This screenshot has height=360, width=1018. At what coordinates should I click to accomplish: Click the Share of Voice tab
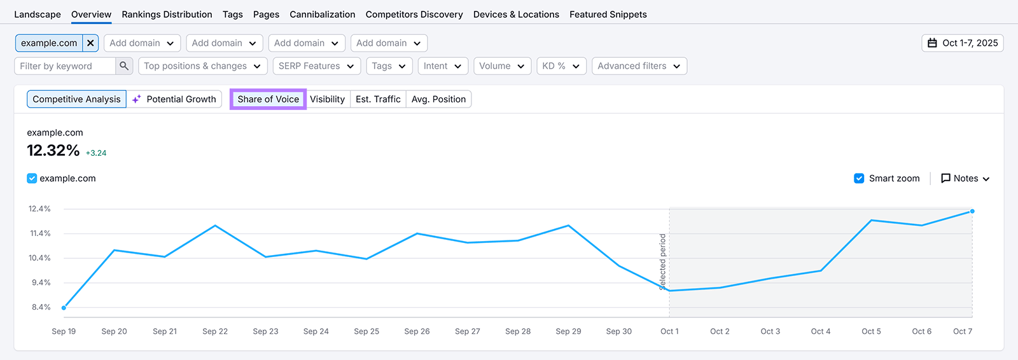point(268,99)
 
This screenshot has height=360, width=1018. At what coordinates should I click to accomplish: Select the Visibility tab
point(327,99)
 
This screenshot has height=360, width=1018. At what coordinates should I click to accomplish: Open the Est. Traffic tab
point(378,99)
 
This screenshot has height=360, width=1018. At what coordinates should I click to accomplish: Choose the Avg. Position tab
point(438,99)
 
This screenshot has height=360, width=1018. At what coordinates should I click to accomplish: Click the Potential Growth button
point(174,99)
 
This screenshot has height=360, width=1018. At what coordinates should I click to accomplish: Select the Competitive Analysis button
point(76,99)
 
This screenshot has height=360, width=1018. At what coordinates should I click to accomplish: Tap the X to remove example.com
point(90,43)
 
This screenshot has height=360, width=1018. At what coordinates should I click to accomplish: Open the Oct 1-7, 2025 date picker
point(962,43)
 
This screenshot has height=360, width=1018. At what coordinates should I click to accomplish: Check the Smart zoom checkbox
point(859,179)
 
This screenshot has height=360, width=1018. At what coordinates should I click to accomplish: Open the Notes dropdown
point(965,179)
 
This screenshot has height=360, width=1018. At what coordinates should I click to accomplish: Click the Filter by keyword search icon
point(124,66)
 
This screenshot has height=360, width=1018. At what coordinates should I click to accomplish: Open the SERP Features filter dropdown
point(316,66)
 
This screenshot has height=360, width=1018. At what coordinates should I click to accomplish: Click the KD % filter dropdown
point(561,66)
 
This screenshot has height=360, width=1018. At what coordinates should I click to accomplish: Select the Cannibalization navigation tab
point(322,15)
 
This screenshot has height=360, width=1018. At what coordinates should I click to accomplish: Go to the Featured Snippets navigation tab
point(608,15)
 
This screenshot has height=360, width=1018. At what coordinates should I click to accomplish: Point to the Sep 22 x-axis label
point(215,331)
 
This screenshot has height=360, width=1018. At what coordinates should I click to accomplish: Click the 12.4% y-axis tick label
point(39,209)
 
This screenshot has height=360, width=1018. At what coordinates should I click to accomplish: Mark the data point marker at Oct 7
point(972,211)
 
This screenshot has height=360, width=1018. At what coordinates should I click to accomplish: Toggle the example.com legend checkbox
point(32,179)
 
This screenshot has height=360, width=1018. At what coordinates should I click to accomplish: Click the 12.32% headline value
point(53,151)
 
